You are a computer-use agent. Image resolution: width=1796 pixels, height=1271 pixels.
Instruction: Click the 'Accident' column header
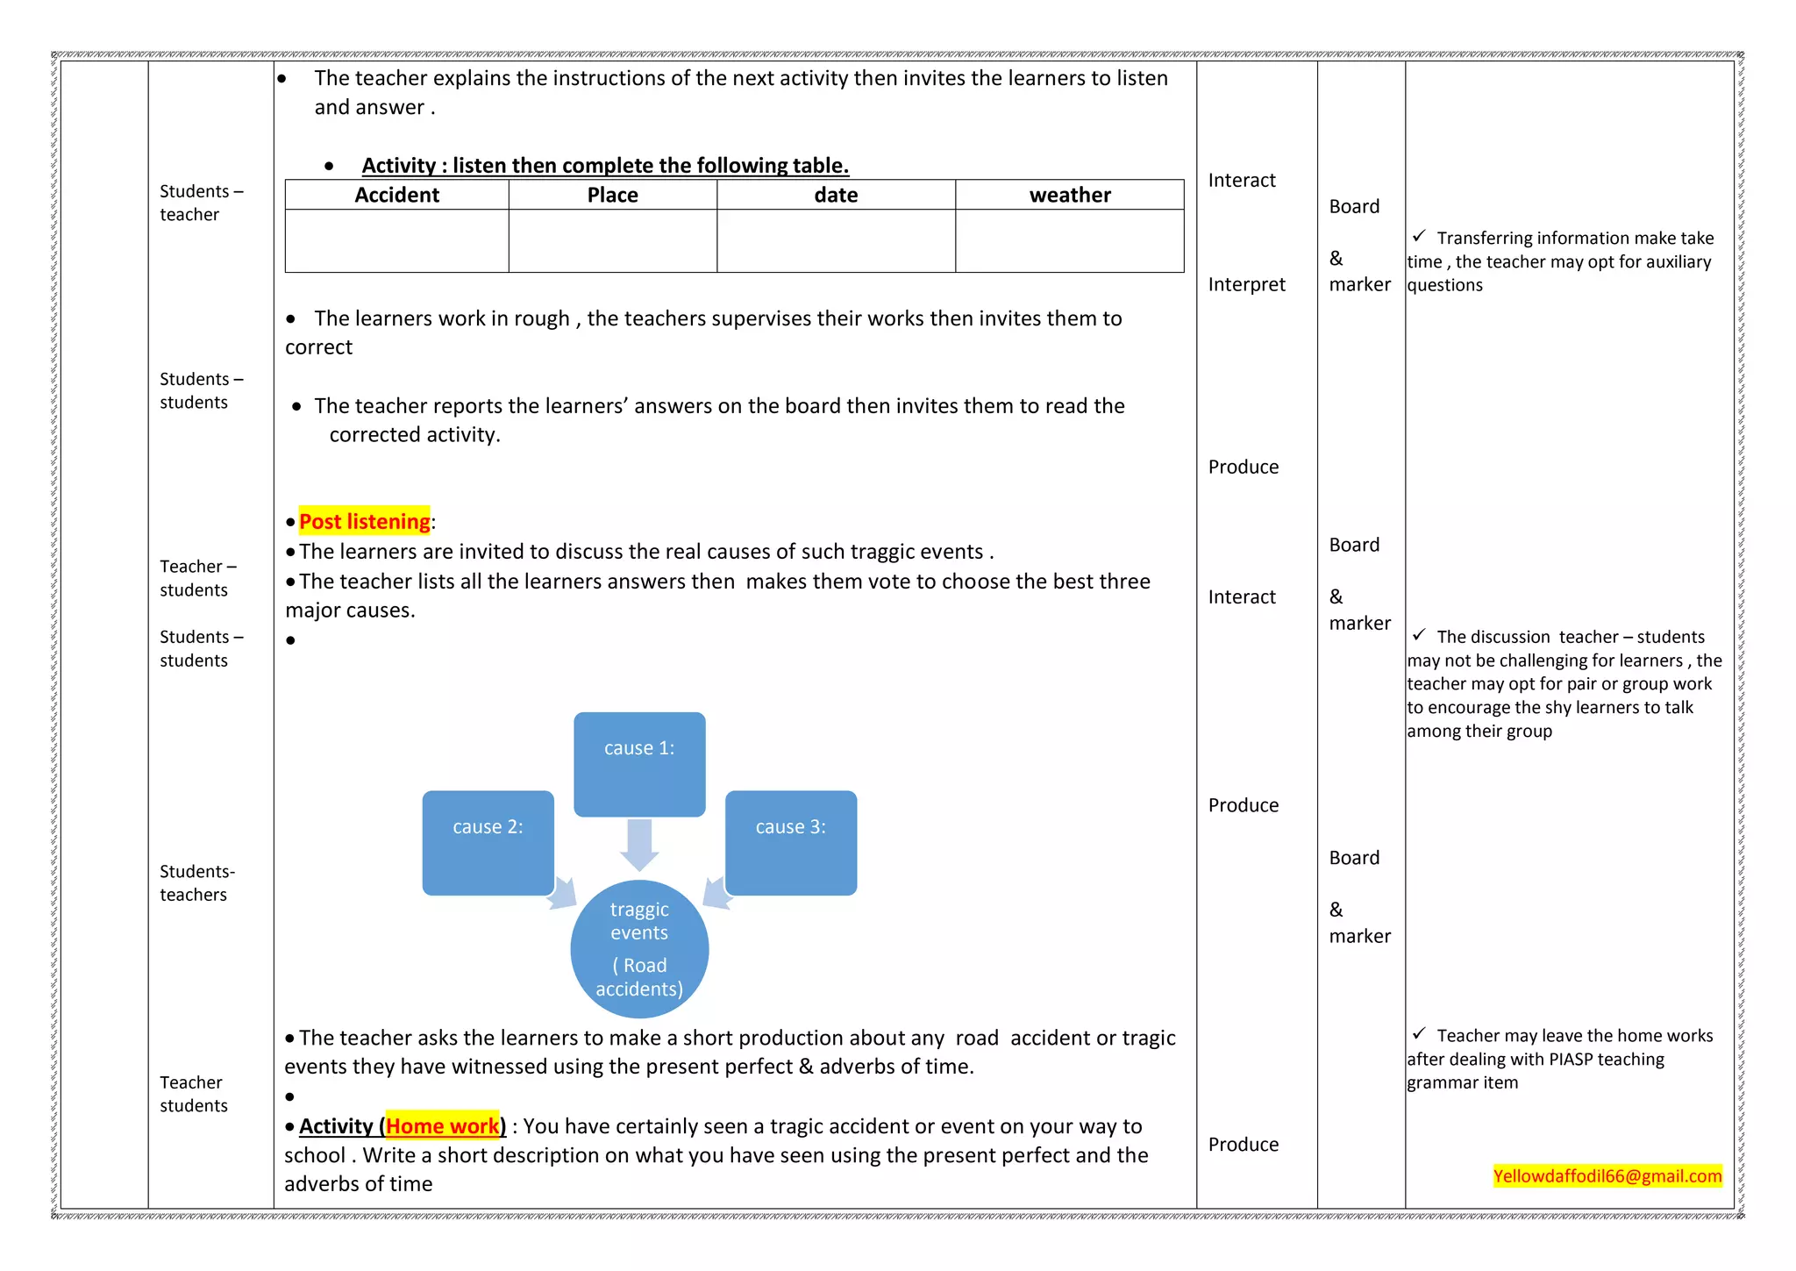point(396,195)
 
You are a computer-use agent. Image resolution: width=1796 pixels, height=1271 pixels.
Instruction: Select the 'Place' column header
point(612,195)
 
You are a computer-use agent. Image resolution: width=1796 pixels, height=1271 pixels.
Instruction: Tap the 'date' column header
point(836,195)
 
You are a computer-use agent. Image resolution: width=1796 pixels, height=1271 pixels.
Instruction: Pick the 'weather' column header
point(1069,195)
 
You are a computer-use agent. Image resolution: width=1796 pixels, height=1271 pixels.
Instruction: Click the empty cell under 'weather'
point(1069,240)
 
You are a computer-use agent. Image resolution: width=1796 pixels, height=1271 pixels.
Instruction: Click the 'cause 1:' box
point(639,763)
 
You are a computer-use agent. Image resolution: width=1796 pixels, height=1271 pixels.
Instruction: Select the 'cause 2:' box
point(488,842)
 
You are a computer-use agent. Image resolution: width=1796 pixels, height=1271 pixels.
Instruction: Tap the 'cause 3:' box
point(790,842)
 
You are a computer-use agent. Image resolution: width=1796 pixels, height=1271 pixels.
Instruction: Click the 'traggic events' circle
point(639,949)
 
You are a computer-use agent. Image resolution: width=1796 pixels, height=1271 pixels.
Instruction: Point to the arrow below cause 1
point(639,844)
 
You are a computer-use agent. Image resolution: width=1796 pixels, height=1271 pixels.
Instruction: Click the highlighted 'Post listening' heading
point(364,521)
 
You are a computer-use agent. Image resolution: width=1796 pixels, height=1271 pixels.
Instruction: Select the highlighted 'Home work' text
point(442,1125)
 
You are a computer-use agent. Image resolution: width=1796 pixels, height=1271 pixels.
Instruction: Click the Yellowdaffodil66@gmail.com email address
point(1607,1175)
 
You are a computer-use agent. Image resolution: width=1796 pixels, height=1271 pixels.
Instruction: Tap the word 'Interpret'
point(1246,284)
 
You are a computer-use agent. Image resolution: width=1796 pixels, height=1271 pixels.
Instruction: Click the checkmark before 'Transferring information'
point(1418,237)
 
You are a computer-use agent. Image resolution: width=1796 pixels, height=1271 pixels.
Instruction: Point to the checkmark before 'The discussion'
point(1418,635)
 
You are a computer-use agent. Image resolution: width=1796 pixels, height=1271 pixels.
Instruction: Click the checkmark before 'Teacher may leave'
point(1418,1034)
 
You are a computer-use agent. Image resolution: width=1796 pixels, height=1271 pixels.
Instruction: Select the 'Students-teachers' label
point(196,882)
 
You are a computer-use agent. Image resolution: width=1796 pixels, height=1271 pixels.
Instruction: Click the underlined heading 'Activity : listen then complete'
point(605,165)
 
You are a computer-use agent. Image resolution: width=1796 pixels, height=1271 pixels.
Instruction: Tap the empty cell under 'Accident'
point(396,240)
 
